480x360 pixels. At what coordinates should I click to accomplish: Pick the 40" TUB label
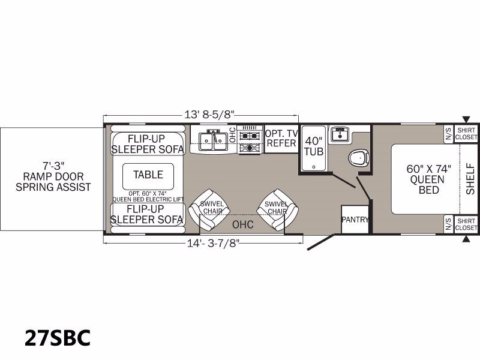pyautogui.click(x=313, y=146)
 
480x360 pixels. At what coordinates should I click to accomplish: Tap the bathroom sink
pyautogui.click(x=340, y=134)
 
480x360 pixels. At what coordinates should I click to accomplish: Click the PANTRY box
pyautogui.click(x=355, y=220)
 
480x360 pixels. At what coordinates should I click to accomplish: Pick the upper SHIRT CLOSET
pyautogui.click(x=466, y=133)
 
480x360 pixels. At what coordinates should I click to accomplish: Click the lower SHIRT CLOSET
pyautogui.click(x=466, y=224)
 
